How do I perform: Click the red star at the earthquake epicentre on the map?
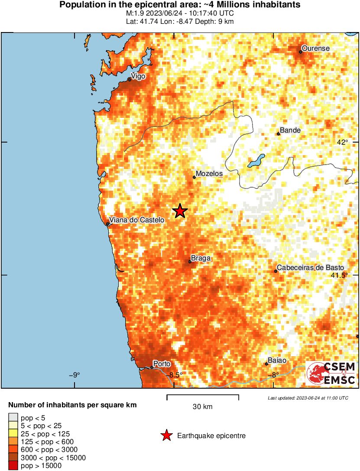[x=180, y=211]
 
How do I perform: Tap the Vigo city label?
[x=138, y=76]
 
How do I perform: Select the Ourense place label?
[x=315, y=49]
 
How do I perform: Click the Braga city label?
[x=201, y=258]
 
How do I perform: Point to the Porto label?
[x=162, y=364]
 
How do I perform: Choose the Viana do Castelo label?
[x=137, y=220]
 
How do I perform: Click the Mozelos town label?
[x=209, y=174]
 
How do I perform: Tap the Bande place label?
[x=290, y=130]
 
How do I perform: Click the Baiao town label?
[x=277, y=361]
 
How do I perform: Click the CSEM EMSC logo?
[x=331, y=374]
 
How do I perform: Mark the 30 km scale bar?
[x=203, y=396]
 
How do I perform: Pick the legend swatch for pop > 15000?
[x=13, y=466]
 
